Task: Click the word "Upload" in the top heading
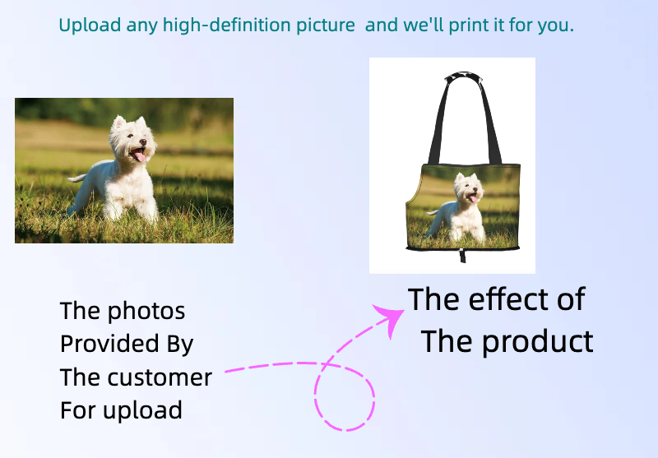(x=90, y=25)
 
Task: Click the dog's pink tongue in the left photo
(x=139, y=157)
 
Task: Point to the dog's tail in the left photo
(x=76, y=178)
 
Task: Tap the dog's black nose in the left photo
(x=143, y=142)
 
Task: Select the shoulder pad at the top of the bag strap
(x=463, y=76)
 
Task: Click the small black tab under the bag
(x=462, y=256)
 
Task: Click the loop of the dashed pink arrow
(x=345, y=396)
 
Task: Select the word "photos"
(x=146, y=312)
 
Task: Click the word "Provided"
(x=110, y=343)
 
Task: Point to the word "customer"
(x=160, y=377)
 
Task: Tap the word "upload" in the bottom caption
(x=142, y=410)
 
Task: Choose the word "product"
(x=538, y=342)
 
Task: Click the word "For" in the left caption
(x=79, y=409)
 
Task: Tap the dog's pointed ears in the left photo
(x=130, y=122)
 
